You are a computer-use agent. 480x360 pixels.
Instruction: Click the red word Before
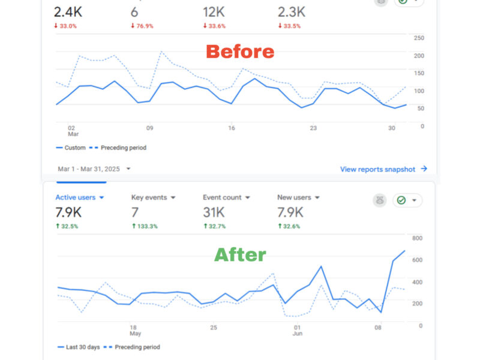point(240,52)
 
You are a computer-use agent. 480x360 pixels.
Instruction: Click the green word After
point(240,254)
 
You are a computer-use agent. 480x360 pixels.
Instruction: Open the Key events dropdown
point(153,197)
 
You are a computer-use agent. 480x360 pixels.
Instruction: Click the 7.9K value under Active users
point(68,212)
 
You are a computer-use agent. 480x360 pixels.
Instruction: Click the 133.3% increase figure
point(145,226)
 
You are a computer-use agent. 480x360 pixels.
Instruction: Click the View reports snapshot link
point(383,169)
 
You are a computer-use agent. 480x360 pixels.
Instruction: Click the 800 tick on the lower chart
point(417,238)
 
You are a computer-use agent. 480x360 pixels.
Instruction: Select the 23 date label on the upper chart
point(313,128)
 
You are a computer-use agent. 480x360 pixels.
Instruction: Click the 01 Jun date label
point(296,331)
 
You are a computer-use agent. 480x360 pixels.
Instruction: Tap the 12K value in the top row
point(213,11)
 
